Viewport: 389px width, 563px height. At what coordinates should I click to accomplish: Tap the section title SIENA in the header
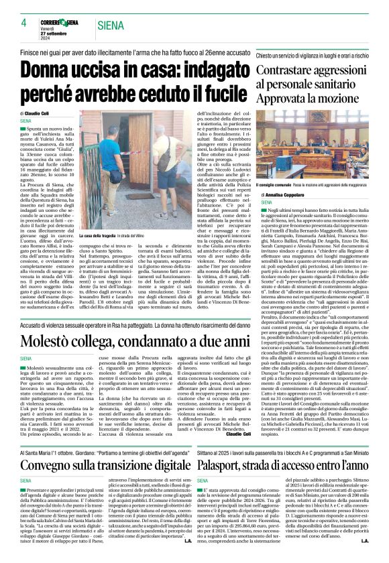[111, 25]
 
